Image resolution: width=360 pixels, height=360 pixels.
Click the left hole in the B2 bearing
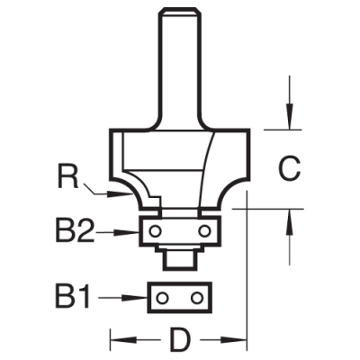point(157,230)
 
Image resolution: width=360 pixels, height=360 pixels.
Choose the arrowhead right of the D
point(241,342)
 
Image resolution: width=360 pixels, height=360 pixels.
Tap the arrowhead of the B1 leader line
point(144,296)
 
